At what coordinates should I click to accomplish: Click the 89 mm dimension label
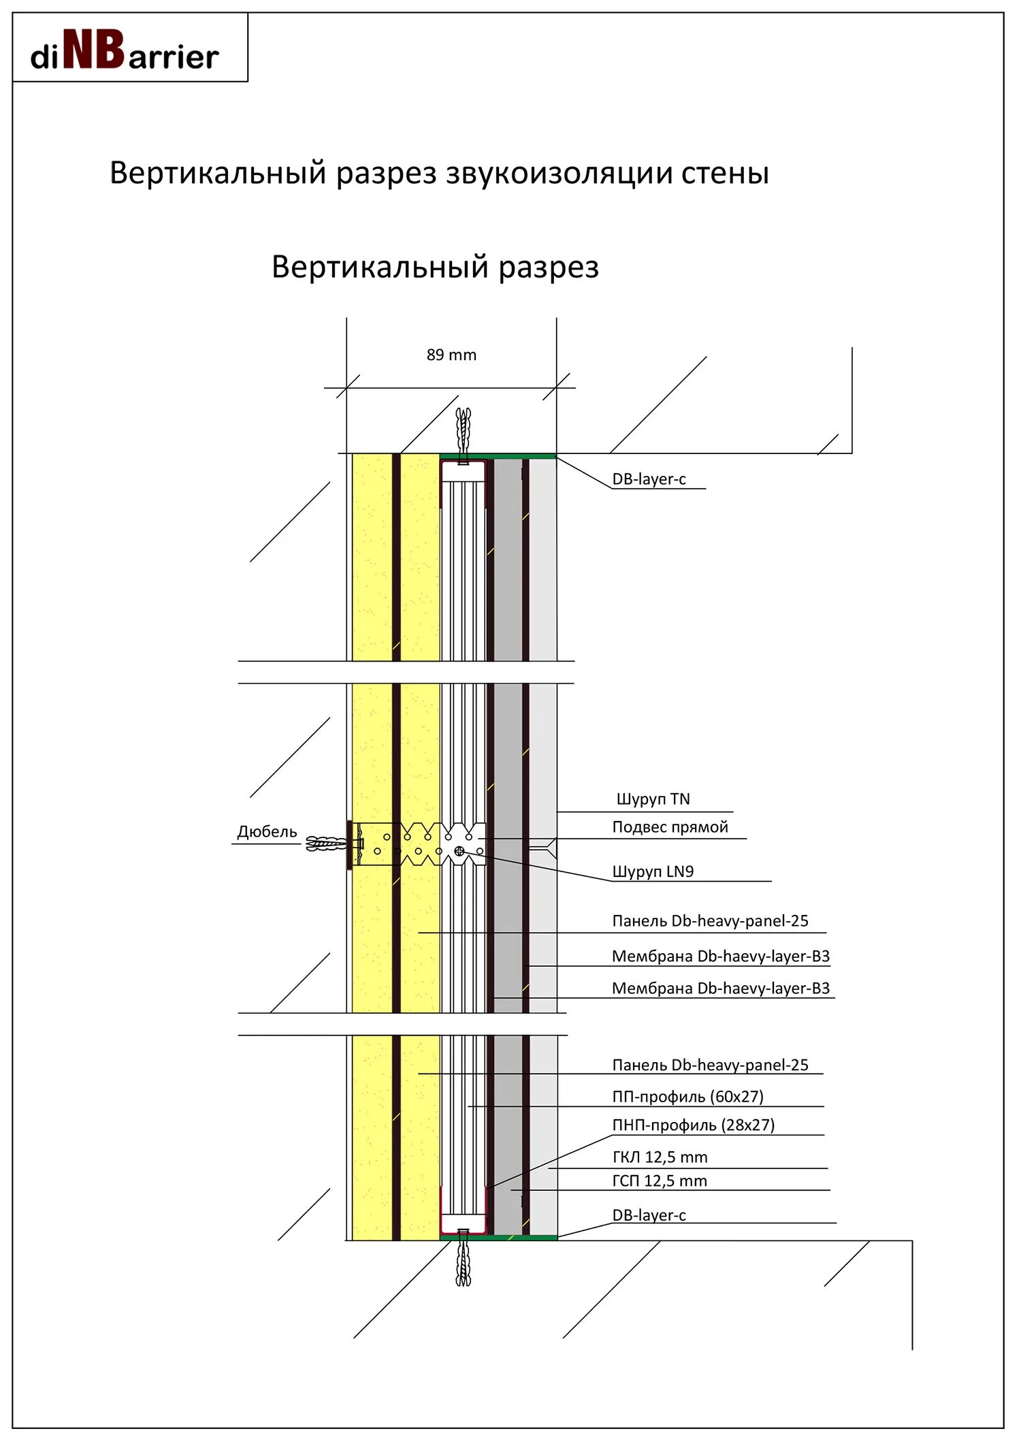pos(451,355)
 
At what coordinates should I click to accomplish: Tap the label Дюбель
pos(267,831)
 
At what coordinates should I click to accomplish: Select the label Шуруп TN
pos(653,799)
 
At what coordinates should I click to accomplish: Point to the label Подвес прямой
pos(670,827)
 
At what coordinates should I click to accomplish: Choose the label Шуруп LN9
pos(653,871)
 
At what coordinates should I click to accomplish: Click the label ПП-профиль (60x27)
pos(687,1097)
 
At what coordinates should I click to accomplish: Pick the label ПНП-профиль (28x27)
pos(693,1125)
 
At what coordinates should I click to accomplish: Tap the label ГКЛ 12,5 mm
pos(660,1157)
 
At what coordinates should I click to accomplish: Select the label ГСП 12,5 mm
pos(660,1181)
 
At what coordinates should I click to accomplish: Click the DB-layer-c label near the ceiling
pos(649,479)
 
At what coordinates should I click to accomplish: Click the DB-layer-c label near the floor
pos(649,1215)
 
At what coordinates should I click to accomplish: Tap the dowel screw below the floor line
pos(464,1264)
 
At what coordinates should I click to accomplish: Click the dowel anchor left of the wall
pos(327,844)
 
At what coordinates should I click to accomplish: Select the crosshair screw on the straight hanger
pos(459,851)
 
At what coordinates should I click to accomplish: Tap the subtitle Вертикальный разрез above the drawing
pos(435,267)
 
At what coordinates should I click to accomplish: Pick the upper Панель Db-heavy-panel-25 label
pos(710,921)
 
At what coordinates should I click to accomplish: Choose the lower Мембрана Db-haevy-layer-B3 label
pos(720,989)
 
